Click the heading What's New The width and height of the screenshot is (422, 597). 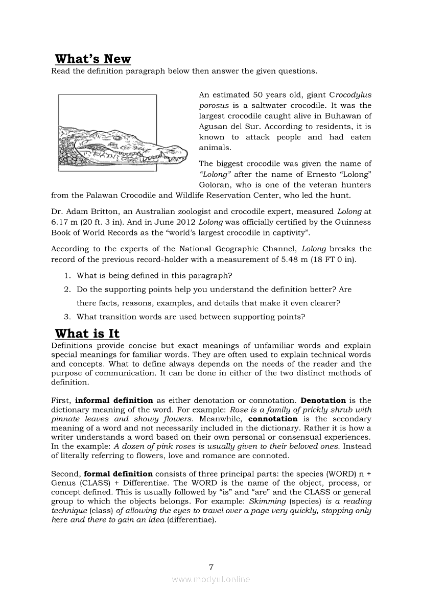tap(93, 59)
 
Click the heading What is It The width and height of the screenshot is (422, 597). tap(87, 334)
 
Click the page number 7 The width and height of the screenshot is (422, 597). tap(211, 566)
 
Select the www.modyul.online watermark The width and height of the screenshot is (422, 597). tap(211, 580)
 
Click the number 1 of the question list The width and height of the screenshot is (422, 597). tap(67, 276)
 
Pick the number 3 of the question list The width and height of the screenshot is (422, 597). tap(67, 317)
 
